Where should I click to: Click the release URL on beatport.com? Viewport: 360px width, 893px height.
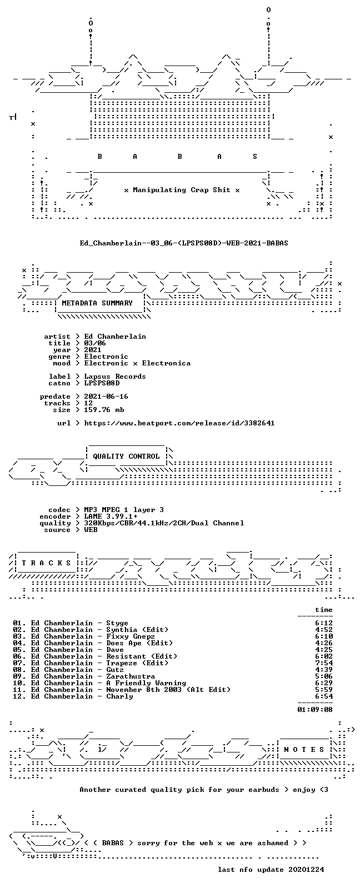(x=179, y=423)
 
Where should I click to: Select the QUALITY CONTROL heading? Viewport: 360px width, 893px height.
(x=126, y=456)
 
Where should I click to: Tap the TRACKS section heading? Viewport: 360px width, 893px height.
(x=46, y=563)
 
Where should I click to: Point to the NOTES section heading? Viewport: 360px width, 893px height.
(x=304, y=750)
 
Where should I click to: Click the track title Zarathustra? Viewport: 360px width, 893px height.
(x=131, y=676)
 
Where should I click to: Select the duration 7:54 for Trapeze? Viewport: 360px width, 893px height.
(x=324, y=663)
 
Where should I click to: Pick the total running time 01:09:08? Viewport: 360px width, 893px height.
(x=315, y=709)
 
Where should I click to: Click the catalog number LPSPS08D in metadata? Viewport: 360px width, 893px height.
(x=102, y=383)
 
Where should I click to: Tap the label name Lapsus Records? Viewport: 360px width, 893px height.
(x=115, y=377)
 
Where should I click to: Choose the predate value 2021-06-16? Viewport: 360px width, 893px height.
(x=106, y=397)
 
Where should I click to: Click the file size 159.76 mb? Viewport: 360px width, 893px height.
(x=104, y=410)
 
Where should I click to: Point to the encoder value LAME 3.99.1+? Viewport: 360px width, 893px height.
(x=111, y=516)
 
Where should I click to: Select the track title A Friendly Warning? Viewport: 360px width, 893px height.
(x=146, y=683)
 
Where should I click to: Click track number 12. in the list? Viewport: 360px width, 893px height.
(x=19, y=696)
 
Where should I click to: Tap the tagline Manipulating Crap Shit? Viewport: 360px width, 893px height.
(x=182, y=190)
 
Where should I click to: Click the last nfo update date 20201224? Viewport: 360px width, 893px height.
(x=306, y=870)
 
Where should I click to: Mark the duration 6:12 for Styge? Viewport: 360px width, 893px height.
(x=324, y=623)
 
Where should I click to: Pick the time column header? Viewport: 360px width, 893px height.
(x=324, y=610)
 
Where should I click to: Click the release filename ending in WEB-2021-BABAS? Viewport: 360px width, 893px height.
(x=184, y=243)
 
